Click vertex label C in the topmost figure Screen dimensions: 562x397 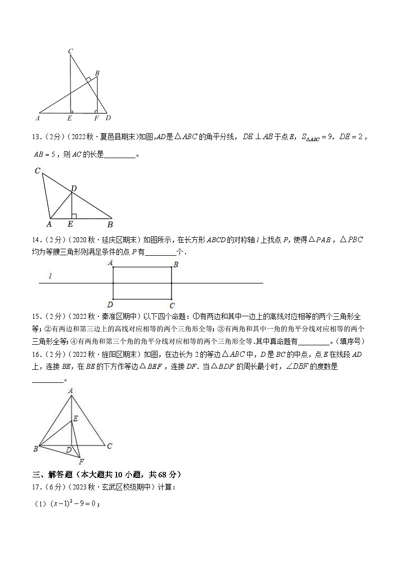[70, 51]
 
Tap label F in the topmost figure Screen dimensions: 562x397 [96, 119]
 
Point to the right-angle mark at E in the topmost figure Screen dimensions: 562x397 [72, 111]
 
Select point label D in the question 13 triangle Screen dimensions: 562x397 [73, 188]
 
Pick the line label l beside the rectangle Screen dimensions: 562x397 [50, 276]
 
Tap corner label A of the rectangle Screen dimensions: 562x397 [109, 263]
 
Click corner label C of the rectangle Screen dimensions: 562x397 [172, 305]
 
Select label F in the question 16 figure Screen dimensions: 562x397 [81, 461]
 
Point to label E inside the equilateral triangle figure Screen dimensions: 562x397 [75, 418]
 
